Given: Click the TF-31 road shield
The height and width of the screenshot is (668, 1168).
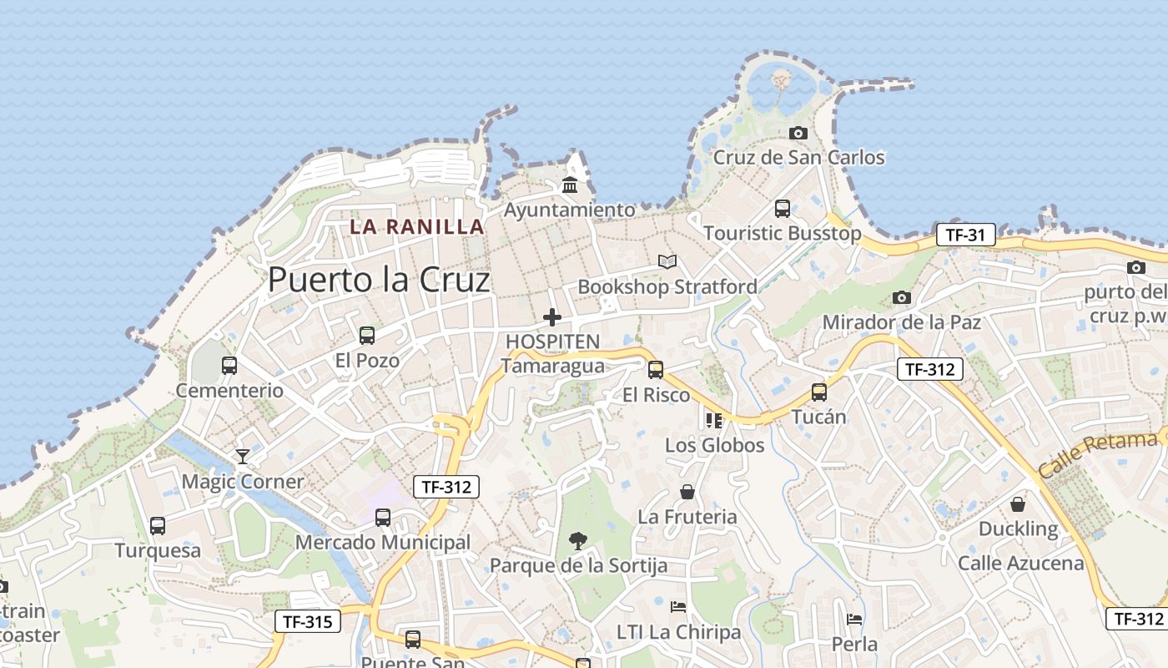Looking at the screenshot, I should coord(965,235).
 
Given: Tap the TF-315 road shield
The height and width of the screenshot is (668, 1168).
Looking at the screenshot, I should coord(308,621).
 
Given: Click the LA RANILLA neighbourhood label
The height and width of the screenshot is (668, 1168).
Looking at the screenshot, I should coord(417,226).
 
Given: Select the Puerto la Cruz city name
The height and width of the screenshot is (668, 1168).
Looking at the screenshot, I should coord(379,280).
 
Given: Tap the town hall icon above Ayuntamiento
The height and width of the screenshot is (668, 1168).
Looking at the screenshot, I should coord(570,184).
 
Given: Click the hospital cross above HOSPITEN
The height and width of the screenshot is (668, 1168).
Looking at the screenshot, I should coord(552,317).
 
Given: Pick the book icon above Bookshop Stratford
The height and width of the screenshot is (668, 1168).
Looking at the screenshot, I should coord(667,262).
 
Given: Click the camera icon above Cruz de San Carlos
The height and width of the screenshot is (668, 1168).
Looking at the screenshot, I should coord(798,133).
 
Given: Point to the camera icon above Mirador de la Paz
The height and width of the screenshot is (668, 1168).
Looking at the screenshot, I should coord(901,297).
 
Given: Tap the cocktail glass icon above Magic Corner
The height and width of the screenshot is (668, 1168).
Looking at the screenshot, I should coord(243,456).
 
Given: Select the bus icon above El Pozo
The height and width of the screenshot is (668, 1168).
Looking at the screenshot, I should coord(367,336).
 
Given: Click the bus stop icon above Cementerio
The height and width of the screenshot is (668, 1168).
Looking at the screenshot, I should coord(229,365).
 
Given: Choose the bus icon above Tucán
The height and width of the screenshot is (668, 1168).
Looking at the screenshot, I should coord(819,392).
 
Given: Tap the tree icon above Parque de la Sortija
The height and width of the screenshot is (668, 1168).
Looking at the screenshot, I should coord(577,541).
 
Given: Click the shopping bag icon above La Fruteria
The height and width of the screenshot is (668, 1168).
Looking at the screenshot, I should coord(687,492).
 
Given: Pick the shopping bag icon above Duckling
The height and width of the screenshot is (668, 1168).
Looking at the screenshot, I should coord(1018,504).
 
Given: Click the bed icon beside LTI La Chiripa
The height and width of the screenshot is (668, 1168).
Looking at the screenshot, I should coord(678,606).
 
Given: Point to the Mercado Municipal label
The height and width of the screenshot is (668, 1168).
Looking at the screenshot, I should coord(383,543).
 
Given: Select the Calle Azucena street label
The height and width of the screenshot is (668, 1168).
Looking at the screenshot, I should coord(1021,563).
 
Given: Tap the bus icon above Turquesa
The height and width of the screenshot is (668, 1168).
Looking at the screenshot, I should coord(158,526).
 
